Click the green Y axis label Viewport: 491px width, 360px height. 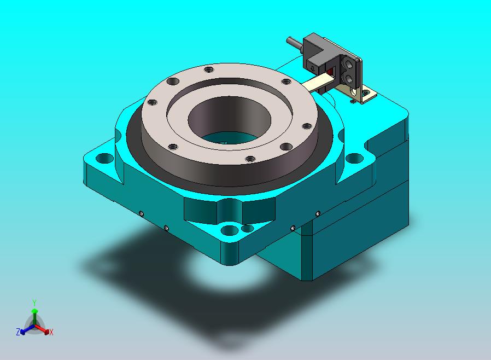[x=34, y=303]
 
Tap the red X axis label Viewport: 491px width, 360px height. [x=51, y=332]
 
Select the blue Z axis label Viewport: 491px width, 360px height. [x=18, y=332]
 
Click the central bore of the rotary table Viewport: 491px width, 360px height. [x=230, y=120]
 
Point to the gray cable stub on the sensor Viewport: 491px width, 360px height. [x=295, y=43]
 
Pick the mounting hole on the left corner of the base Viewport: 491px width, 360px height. [x=104, y=158]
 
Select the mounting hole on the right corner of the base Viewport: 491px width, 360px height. [x=354, y=158]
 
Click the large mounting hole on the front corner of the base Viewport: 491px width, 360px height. [x=230, y=230]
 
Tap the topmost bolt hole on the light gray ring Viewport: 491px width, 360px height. [x=208, y=69]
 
